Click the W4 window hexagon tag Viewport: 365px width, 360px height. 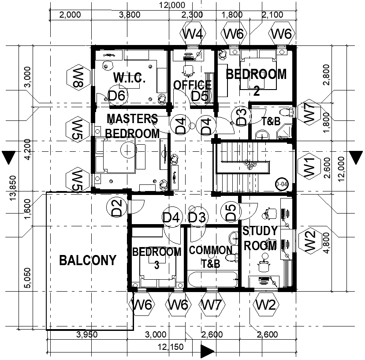tap(193, 34)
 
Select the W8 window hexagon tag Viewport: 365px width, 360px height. tap(75, 79)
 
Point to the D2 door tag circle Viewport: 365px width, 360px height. tap(116, 208)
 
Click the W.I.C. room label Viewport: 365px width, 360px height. tap(129, 79)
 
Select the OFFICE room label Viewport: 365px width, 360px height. tap(192, 85)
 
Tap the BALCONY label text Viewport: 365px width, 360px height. tap(88, 260)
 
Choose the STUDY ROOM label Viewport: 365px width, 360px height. tap(260, 238)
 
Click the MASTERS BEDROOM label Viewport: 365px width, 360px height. tap(132, 126)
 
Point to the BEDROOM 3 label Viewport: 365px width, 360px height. tap(156, 258)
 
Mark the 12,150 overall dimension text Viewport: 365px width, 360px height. tap(170, 347)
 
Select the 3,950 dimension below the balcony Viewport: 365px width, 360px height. tap(87, 334)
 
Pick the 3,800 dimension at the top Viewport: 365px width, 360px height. tap(130, 15)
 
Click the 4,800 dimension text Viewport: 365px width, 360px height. tap(327, 244)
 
